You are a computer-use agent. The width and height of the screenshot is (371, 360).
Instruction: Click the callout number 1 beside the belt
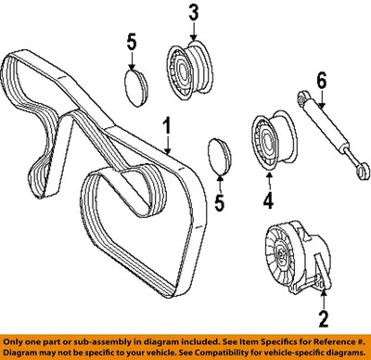click(167, 125)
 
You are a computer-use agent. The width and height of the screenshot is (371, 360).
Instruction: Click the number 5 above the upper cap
click(133, 43)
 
